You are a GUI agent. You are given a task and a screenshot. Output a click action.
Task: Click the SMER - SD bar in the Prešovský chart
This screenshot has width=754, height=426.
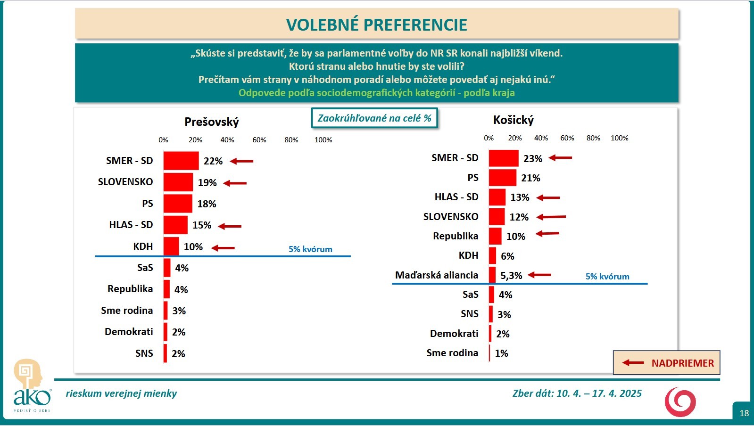181,161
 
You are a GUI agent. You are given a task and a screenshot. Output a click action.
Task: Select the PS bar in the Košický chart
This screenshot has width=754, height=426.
502,178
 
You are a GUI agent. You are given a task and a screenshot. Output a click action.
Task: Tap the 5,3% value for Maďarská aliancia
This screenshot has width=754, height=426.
511,275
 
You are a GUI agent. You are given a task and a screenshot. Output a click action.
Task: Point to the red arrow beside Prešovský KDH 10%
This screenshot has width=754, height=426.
223,247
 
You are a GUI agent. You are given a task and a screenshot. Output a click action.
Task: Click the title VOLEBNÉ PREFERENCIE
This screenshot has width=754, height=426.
376,25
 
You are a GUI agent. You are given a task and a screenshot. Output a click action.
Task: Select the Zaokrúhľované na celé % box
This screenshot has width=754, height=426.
374,118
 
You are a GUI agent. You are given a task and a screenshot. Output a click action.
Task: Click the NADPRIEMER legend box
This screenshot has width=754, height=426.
666,363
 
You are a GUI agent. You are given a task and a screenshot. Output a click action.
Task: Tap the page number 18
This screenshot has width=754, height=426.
744,413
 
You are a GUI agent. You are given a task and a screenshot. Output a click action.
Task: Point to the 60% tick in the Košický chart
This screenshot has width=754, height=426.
567,138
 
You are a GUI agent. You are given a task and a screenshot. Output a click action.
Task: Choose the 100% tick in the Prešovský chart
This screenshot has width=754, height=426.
323,140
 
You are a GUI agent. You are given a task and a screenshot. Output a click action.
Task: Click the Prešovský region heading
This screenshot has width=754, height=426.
212,122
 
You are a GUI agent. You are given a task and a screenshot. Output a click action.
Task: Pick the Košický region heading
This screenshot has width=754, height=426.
513,120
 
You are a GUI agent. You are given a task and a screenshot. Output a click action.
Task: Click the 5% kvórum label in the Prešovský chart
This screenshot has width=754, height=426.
310,249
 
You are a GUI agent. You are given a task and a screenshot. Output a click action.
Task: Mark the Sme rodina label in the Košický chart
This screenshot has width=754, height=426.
452,353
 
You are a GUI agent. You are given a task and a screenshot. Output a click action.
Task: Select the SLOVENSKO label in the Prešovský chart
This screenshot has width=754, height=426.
125,182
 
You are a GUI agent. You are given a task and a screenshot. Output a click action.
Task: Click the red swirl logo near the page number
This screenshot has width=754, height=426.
680,402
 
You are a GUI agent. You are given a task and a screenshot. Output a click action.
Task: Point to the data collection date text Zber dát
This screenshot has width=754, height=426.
577,393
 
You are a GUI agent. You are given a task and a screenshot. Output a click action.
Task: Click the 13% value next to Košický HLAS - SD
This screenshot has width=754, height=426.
520,197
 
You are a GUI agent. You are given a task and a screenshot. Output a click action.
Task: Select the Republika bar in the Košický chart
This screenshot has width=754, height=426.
495,236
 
